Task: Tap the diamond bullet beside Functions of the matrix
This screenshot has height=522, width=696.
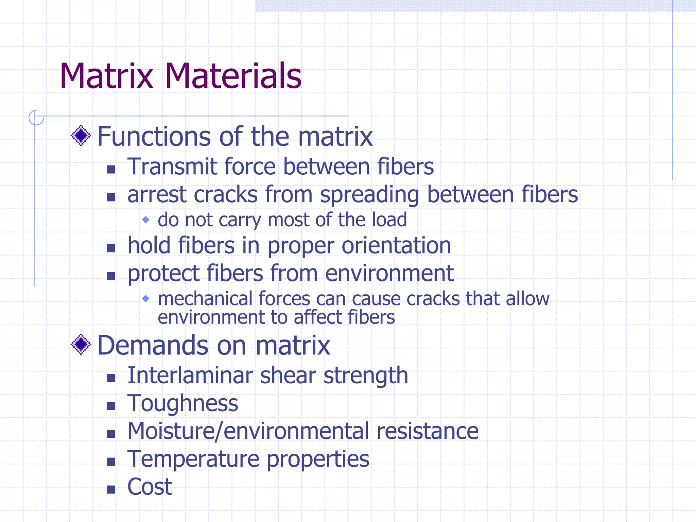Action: click(x=81, y=136)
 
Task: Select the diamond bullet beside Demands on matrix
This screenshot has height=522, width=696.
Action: click(x=81, y=344)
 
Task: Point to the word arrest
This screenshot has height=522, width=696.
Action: click(x=157, y=195)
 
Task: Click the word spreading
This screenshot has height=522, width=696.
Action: click(x=369, y=195)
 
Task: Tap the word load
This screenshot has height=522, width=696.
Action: click(x=389, y=220)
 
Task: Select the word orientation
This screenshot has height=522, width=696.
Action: click(x=396, y=246)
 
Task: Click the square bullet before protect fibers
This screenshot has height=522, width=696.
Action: click(x=111, y=276)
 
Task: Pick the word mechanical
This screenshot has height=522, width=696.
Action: click(x=205, y=299)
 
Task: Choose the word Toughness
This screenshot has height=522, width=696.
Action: click(x=183, y=404)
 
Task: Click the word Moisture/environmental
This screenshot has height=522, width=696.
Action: click(x=248, y=431)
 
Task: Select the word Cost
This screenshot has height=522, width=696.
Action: click(x=150, y=487)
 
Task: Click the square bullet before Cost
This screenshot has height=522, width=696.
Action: click(x=111, y=489)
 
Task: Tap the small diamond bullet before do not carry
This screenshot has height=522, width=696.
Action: click(x=146, y=220)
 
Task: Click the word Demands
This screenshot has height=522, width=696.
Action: click(x=153, y=345)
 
